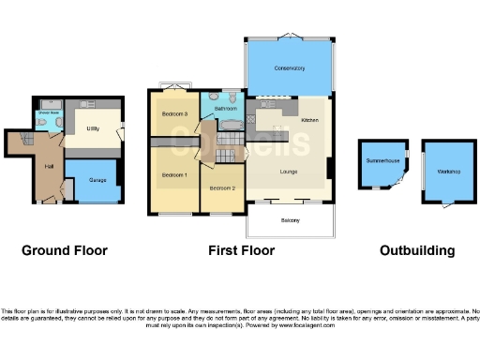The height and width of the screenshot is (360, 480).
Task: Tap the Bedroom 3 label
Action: click(x=174, y=114)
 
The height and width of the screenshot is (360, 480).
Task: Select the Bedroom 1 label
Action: click(x=173, y=175)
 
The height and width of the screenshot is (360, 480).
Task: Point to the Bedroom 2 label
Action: click(x=222, y=187)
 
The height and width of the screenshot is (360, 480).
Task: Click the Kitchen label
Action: click(x=309, y=121)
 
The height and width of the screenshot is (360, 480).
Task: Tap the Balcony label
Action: click(x=290, y=220)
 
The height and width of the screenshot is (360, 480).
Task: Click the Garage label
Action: click(x=97, y=179)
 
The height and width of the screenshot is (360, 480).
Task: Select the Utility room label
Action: click(x=94, y=127)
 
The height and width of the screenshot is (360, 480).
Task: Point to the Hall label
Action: click(x=49, y=166)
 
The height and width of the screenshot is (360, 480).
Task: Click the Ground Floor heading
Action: click(x=65, y=250)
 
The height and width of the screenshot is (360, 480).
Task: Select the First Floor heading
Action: click(x=242, y=250)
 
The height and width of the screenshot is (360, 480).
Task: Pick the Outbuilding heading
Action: click(x=417, y=250)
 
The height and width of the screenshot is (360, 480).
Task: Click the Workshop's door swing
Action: click(x=446, y=205)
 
